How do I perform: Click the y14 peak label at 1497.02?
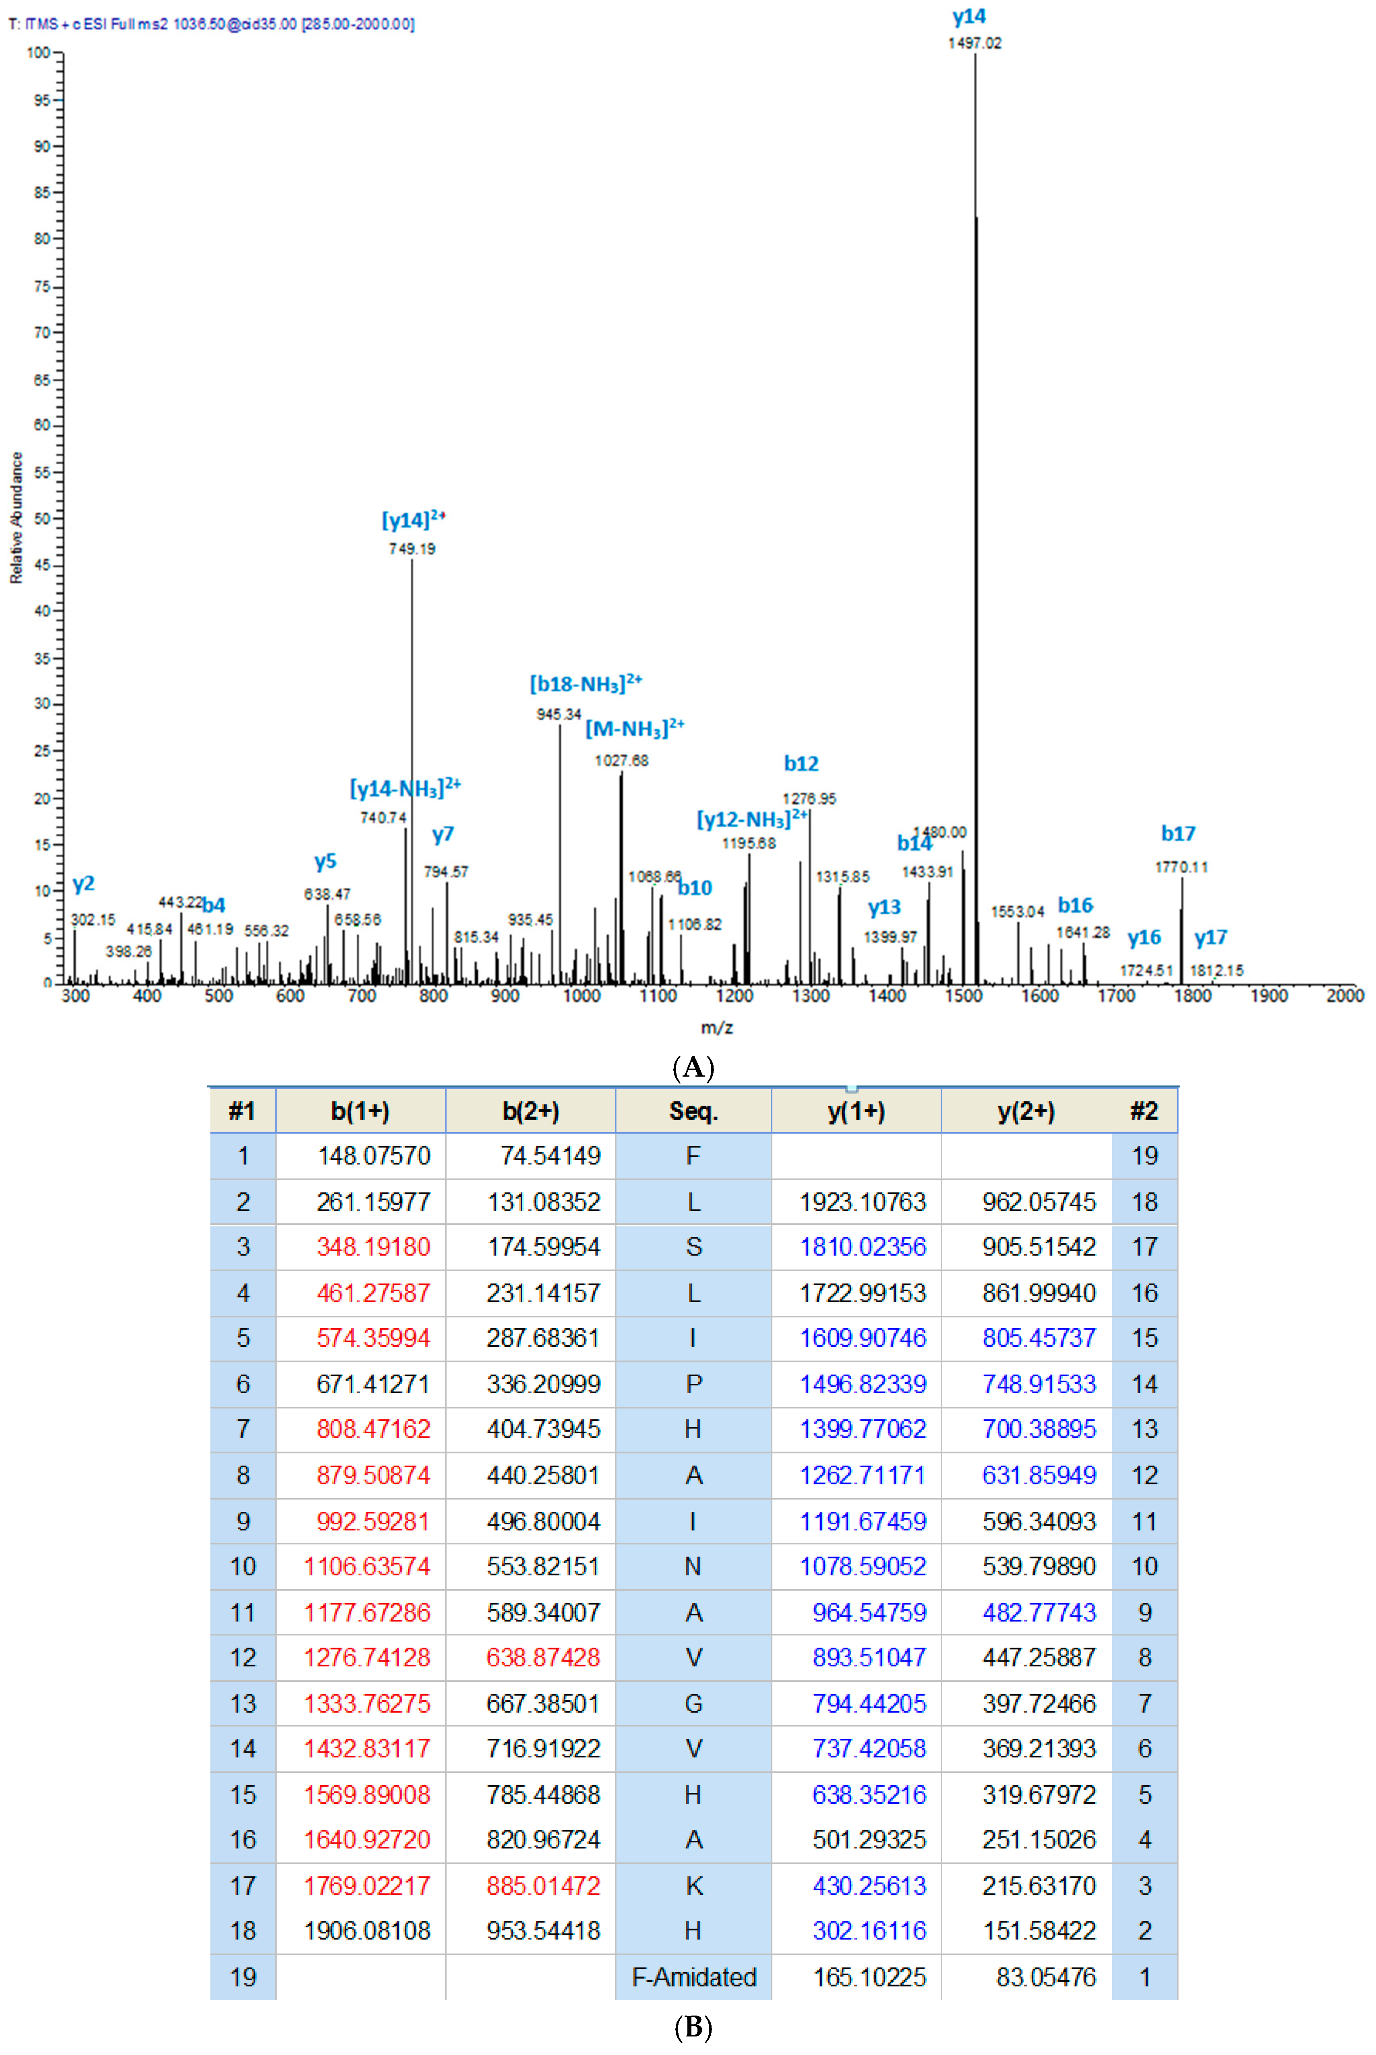[x=969, y=17]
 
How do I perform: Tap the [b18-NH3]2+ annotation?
[x=586, y=684]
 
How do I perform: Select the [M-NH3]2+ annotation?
[x=635, y=728]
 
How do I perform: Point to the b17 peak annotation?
[x=1177, y=833]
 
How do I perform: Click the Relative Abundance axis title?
[x=16, y=518]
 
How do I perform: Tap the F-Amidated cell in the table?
[x=693, y=1977]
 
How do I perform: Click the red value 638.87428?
[x=543, y=1658]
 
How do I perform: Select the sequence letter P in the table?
[x=693, y=1384]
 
